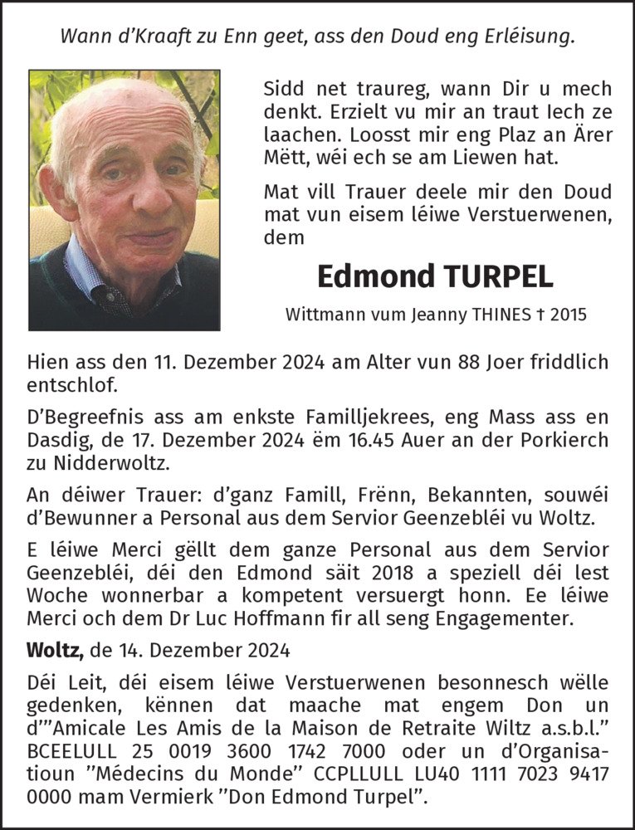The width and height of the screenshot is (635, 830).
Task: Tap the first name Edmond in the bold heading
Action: click(369, 277)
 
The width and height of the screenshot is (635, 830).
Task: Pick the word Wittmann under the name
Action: click(320, 315)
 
